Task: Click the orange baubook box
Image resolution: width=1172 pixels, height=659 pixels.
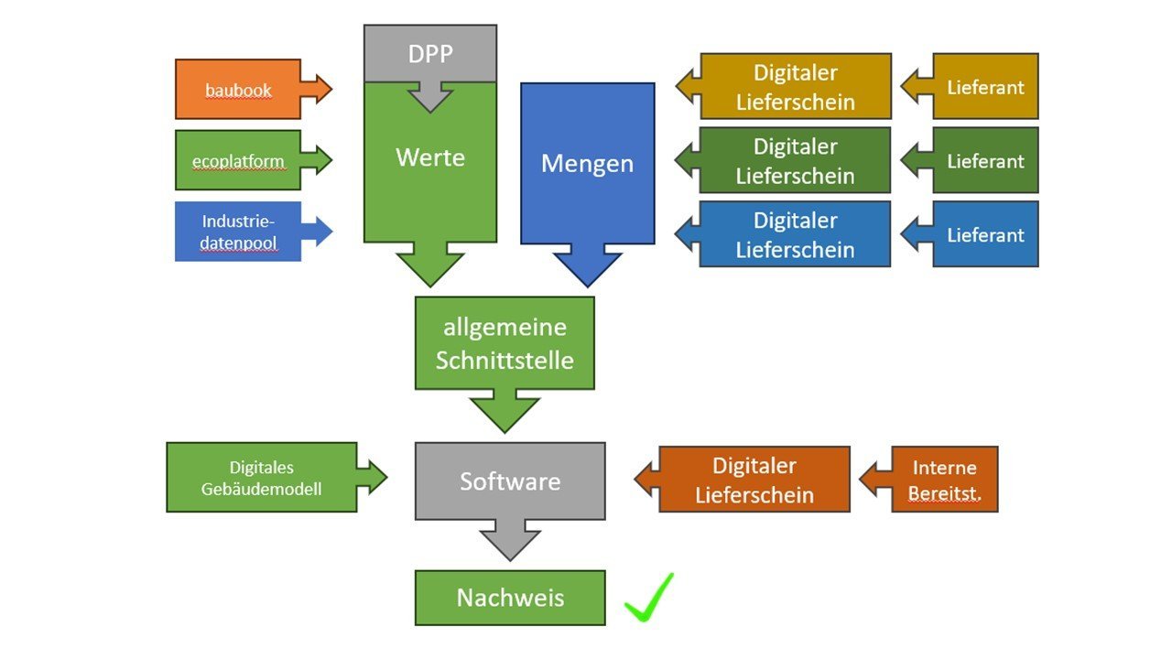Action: tap(238, 90)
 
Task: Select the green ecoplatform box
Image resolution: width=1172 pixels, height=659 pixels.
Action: tap(238, 161)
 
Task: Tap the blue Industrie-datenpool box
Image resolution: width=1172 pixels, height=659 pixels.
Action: tap(238, 232)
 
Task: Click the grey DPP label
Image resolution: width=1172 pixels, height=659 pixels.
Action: tap(430, 53)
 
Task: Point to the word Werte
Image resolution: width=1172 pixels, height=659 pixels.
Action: tap(430, 157)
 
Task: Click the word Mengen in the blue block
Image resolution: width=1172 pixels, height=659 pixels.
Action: tap(587, 164)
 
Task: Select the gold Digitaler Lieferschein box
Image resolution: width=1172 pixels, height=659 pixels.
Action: tap(795, 87)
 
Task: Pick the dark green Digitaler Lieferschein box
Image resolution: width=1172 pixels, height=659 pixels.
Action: tap(795, 161)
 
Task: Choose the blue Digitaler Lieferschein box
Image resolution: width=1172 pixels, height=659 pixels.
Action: tap(795, 234)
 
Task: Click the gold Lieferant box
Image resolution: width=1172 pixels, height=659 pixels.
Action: tap(985, 87)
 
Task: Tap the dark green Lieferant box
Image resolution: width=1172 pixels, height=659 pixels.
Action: tap(985, 161)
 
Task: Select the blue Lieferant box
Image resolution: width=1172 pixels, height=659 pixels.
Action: tap(985, 234)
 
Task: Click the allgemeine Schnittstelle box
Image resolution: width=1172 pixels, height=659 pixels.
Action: tap(505, 342)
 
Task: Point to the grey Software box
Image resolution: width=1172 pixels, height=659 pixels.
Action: tap(510, 481)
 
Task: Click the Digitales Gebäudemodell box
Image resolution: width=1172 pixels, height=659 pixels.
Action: tap(262, 478)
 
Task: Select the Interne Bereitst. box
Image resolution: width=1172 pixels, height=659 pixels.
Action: tap(944, 479)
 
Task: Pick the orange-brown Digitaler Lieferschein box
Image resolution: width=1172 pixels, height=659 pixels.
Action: tap(754, 480)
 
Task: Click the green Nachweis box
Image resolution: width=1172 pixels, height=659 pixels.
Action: tap(510, 599)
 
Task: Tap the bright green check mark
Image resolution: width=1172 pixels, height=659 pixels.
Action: tap(650, 599)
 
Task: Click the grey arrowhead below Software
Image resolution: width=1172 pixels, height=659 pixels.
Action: tap(510, 545)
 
